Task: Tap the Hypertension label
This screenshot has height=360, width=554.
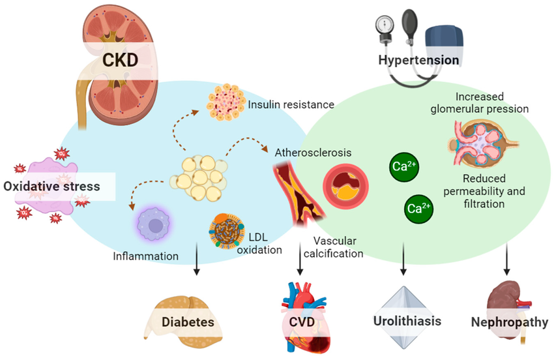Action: pyautogui.click(x=419, y=61)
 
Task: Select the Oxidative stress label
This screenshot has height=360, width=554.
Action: pyautogui.click(x=52, y=187)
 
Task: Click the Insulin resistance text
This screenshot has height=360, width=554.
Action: pyautogui.click(x=291, y=104)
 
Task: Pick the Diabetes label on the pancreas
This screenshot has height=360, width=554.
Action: pyautogui.click(x=188, y=322)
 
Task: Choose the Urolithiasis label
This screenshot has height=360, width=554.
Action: pyautogui.click(x=407, y=321)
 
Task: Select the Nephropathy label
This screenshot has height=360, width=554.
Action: pyautogui.click(x=509, y=322)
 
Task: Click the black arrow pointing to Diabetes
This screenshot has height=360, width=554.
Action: pyautogui.click(x=196, y=269)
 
